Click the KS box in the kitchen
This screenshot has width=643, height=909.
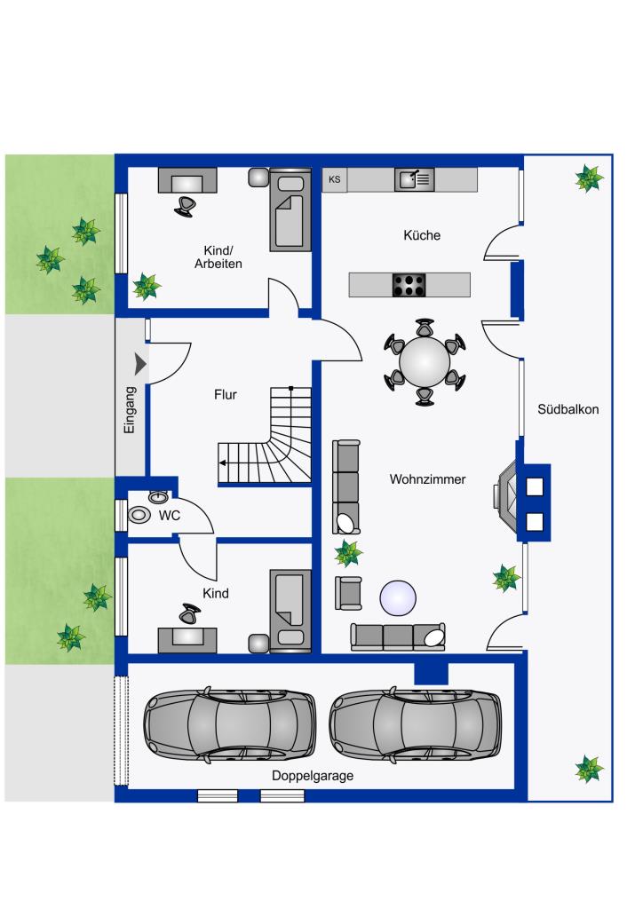pyautogui.click(x=335, y=179)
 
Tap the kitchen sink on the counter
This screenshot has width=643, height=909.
pyautogui.click(x=414, y=179)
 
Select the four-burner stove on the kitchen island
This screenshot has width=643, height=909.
pyautogui.click(x=409, y=285)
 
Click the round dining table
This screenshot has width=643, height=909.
pyautogui.click(x=425, y=362)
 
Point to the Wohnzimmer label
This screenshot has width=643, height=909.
pyautogui.click(x=427, y=479)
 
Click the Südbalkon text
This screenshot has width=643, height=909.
pyautogui.click(x=568, y=409)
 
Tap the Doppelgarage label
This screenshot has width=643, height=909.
pyautogui.click(x=313, y=776)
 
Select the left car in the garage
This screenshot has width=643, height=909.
pyautogui.click(x=230, y=724)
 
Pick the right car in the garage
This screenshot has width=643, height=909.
pyautogui.click(x=415, y=724)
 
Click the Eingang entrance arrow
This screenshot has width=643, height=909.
pyautogui.click(x=140, y=364)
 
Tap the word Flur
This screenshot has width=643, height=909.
pyautogui.click(x=226, y=395)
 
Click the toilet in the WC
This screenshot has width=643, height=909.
pyautogui.click(x=139, y=515)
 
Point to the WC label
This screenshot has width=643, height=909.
pyautogui.click(x=170, y=516)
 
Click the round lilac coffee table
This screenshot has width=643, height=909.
pyautogui.click(x=398, y=597)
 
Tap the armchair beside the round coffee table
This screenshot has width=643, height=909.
pyautogui.click(x=348, y=593)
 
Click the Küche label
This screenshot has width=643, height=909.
pyautogui.click(x=422, y=235)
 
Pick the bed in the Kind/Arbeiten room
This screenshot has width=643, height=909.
pyautogui.click(x=290, y=209)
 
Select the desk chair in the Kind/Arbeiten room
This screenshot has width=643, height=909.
pyautogui.click(x=185, y=206)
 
